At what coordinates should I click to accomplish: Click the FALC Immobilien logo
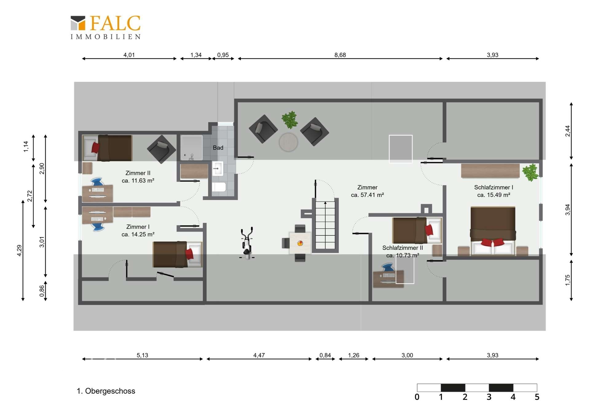[x=105, y=27]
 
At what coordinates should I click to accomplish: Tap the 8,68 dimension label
[x=340, y=55]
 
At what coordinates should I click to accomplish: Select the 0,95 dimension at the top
[x=223, y=55]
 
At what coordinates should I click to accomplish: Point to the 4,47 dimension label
[x=259, y=355]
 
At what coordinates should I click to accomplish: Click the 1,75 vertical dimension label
[x=568, y=280]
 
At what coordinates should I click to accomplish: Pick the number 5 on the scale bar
[x=537, y=397]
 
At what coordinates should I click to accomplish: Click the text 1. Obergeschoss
[x=106, y=391]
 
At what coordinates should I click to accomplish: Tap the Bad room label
[x=218, y=148]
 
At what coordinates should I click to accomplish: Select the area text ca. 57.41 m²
[x=367, y=195]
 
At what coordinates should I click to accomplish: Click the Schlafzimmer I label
[x=494, y=187]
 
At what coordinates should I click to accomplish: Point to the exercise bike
[x=247, y=243]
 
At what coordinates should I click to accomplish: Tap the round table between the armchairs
[x=288, y=142]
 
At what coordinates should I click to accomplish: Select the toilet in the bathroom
[x=219, y=187]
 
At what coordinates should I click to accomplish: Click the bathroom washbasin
[x=218, y=169]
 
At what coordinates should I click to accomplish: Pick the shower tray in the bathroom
[x=191, y=148]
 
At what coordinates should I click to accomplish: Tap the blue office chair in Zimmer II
[x=97, y=182]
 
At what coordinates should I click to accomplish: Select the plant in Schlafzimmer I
[x=530, y=172]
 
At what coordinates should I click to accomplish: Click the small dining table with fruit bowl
[x=300, y=243]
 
